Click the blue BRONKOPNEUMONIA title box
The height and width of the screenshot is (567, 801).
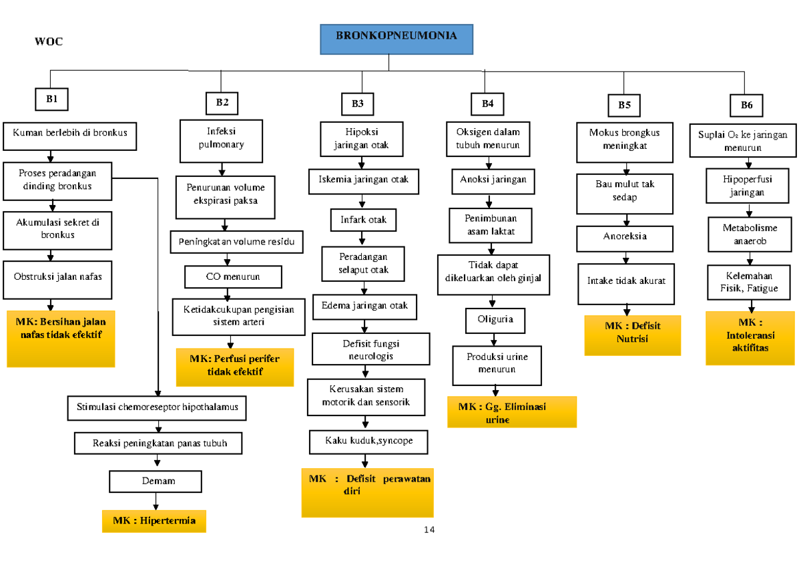pos(396,39)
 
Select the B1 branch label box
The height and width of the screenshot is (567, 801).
pos(52,100)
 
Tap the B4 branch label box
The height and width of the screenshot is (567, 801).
pos(487,104)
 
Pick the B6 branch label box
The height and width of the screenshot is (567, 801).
pos(746,105)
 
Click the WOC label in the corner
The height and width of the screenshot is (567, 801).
pos(49,41)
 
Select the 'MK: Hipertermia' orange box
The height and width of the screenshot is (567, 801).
pos(154,521)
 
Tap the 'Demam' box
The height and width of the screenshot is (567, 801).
pos(156,481)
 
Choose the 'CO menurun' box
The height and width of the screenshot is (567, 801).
pos(233,276)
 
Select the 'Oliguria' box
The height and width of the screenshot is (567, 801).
pos(495,320)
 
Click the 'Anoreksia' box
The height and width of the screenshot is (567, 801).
pos(625,237)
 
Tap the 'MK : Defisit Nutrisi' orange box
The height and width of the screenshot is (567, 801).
pos(632,335)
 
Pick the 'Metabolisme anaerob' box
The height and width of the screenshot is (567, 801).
pos(750,234)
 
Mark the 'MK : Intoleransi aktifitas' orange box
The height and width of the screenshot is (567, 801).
pos(750,340)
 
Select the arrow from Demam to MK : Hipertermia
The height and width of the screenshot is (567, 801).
pos(156,501)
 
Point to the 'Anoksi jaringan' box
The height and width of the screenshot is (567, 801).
pos(493,180)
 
